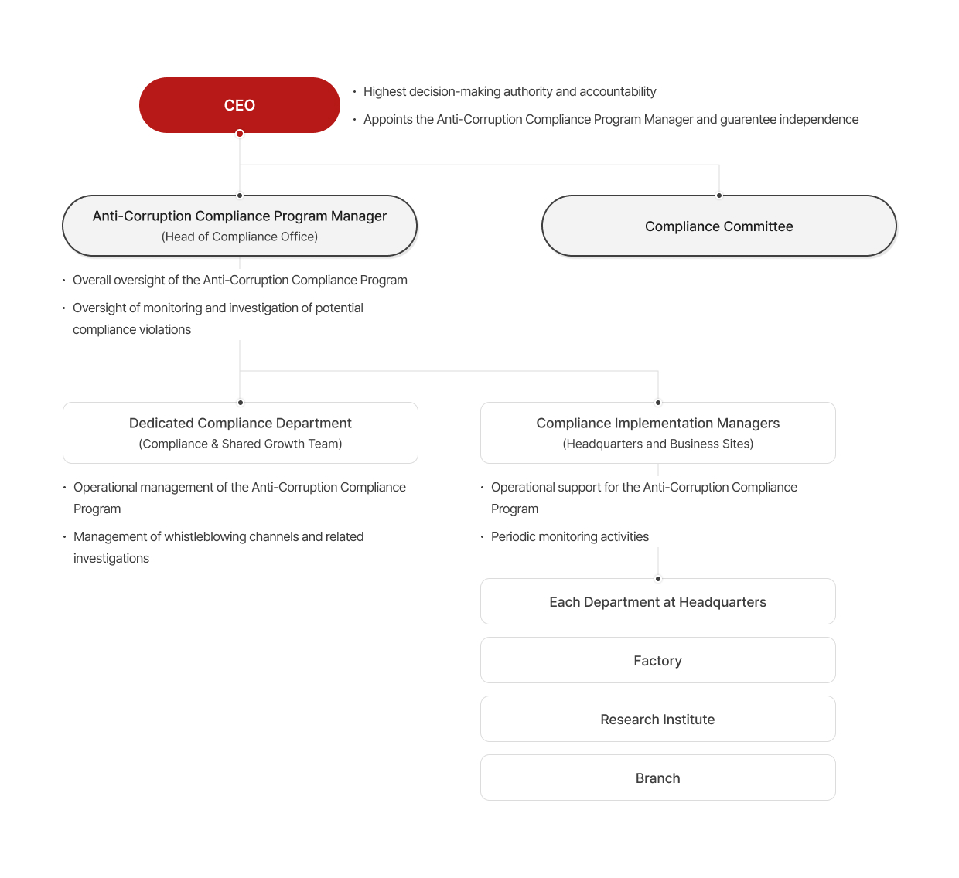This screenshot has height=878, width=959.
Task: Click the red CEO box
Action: click(x=240, y=105)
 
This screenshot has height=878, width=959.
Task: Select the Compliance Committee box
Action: click(x=719, y=226)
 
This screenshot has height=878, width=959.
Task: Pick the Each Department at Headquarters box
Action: click(x=657, y=602)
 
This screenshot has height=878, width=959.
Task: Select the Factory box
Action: click(x=657, y=661)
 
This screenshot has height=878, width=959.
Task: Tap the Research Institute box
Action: click(x=657, y=720)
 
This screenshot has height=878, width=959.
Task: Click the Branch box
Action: click(x=657, y=778)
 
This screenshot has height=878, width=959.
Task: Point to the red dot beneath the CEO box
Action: click(x=240, y=134)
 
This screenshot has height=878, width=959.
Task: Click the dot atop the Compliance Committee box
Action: click(x=719, y=196)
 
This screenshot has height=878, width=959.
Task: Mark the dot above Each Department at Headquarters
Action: click(x=658, y=579)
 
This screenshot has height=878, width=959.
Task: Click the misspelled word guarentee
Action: click(x=748, y=120)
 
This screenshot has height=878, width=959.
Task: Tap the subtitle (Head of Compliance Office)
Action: click(x=240, y=237)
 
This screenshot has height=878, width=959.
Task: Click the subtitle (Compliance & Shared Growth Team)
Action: click(x=241, y=444)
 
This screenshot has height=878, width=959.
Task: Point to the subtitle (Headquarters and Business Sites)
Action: click(x=658, y=444)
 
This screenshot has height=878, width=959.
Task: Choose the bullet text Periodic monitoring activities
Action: click(x=570, y=537)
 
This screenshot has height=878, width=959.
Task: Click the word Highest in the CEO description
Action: click(x=384, y=92)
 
